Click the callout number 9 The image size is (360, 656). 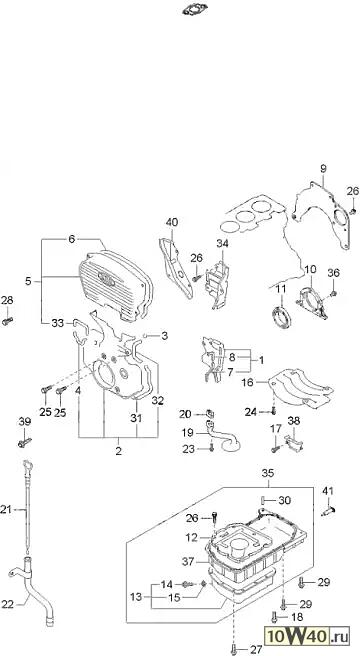click(323, 169)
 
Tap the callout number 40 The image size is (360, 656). click(172, 222)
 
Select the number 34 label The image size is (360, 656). click(222, 243)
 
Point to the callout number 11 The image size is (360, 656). click(281, 288)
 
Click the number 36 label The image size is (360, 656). click(333, 273)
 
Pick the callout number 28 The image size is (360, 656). click(7, 300)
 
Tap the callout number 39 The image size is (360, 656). click(25, 421)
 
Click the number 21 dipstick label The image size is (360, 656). click(6, 509)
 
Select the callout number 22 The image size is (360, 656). click(8, 604)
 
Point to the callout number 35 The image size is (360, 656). click(268, 473)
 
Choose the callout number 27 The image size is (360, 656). click(256, 650)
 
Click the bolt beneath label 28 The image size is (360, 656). click(7, 321)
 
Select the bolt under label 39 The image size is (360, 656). click(25, 442)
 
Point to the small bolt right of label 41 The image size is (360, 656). click(330, 511)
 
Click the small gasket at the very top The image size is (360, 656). click(195, 9)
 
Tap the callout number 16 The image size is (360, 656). click(247, 382)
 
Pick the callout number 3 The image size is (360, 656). click(164, 336)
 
